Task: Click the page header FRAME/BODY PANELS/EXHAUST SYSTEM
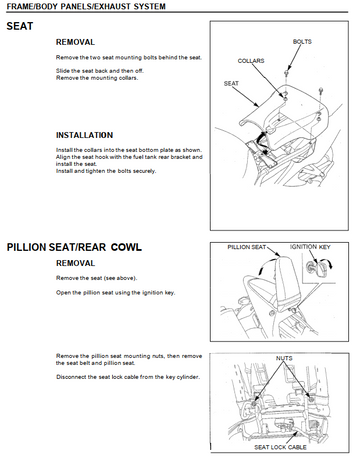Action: (x=86, y=6)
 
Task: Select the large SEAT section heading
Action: (x=20, y=26)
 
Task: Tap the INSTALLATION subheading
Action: (x=84, y=135)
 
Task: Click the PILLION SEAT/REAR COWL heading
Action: (x=74, y=247)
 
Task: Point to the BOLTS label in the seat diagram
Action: (x=302, y=42)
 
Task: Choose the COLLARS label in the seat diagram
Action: (x=251, y=61)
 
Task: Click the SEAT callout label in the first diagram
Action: (x=231, y=83)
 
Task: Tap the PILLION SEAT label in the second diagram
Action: (x=247, y=247)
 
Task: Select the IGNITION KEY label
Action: (x=310, y=247)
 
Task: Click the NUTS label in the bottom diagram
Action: (x=284, y=358)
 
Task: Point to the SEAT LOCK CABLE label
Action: (x=280, y=447)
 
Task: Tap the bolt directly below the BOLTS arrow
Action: (x=286, y=73)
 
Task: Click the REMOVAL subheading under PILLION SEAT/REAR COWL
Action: (x=75, y=263)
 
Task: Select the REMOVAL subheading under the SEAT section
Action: (x=75, y=42)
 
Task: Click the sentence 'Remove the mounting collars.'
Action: (x=97, y=78)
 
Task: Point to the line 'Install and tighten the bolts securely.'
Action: (x=106, y=171)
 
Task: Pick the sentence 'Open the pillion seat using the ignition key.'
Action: (x=115, y=293)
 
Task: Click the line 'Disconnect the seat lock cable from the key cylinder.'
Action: (x=128, y=377)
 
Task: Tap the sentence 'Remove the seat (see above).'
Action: (x=97, y=278)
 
